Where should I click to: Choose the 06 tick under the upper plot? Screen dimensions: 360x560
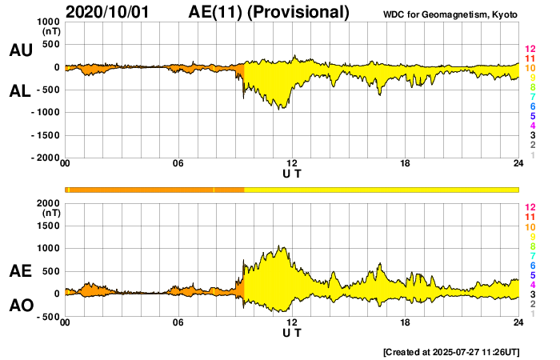click(x=178, y=164)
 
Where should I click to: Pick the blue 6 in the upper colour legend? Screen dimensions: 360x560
click(x=530, y=106)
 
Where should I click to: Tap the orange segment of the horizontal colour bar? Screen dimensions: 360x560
click(x=152, y=190)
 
